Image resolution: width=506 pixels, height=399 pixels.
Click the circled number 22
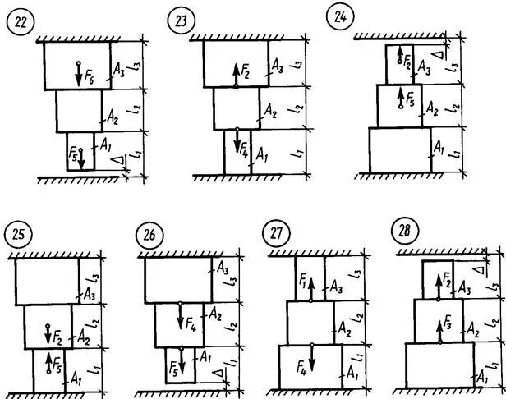18,24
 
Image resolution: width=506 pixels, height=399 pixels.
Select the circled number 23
182,22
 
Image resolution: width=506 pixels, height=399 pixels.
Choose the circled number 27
274,235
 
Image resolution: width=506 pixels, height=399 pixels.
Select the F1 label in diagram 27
306,286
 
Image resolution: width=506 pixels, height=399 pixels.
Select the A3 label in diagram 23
277,65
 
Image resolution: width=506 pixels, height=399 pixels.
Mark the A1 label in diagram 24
438,149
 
